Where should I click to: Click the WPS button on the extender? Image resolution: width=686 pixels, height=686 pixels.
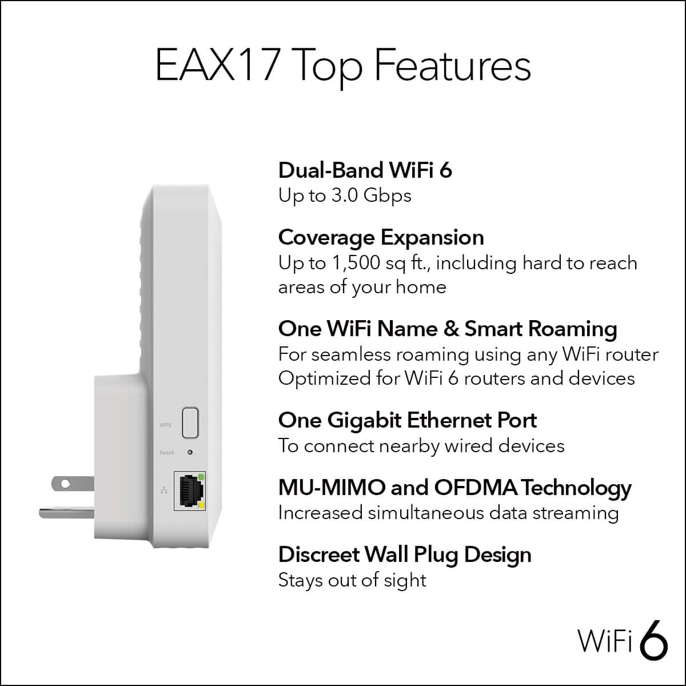click(190, 422)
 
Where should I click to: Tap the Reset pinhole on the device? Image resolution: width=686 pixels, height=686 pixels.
click(190, 452)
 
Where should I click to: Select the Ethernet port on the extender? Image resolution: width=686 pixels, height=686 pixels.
click(189, 491)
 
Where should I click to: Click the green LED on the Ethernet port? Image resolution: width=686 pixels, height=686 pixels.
click(201, 476)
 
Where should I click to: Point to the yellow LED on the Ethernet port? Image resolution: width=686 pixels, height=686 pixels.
click(201, 506)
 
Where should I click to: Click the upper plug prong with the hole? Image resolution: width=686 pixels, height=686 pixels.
click(72, 484)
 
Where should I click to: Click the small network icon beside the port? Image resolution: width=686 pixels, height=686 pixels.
click(165, 490)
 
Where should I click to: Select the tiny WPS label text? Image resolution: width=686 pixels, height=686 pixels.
click(165, 425)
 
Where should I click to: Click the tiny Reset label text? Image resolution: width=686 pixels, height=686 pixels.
click(167, 453)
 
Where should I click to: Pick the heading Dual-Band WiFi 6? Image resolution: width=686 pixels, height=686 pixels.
click(365, 170)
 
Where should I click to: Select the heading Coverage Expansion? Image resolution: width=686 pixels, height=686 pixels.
click(381, 237)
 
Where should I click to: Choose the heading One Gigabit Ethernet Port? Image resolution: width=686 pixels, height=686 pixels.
click(407, 420)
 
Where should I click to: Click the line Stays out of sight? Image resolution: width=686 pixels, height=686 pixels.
click(352, 580)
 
